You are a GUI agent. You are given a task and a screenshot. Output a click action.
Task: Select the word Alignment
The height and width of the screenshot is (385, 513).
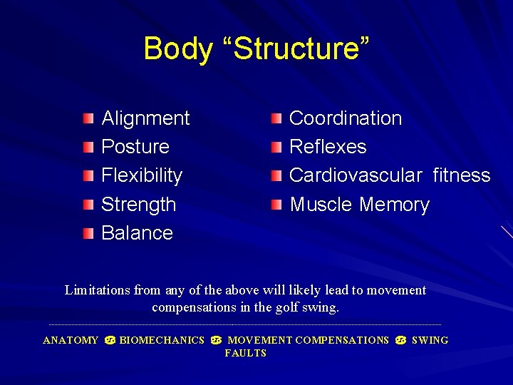click(x=145, y=118)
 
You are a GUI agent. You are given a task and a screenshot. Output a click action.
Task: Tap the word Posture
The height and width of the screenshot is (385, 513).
click(x=135, y=147)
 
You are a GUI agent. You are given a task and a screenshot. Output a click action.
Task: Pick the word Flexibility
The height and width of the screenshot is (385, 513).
click(x=142, y=175)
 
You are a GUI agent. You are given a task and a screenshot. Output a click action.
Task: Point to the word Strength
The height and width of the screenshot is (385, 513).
click(x=138, y=205)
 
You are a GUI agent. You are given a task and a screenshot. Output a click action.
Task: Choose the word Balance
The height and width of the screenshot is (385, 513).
click(x=137, y=233)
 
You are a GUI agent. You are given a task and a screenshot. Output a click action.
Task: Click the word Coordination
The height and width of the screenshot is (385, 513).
click(x=346, y=118)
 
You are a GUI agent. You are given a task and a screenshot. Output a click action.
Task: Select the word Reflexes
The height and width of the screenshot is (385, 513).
click(x=328, y=147)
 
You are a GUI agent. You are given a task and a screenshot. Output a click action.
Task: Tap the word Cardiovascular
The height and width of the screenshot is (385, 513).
click(x=356, y=175)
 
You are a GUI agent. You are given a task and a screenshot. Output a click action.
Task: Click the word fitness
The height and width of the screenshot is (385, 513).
click(x=462, y=175)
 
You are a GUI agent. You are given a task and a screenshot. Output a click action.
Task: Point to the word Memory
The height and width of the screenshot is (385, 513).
click(x=394, y=205)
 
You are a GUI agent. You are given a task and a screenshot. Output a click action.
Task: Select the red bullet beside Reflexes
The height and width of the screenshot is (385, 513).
click(x=276, y=147)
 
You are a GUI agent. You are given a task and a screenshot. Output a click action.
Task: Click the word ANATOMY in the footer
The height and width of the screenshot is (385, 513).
click(x=71, y=341)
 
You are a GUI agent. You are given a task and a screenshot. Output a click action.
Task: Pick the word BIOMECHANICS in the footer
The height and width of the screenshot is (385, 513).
click(x=162, y=341)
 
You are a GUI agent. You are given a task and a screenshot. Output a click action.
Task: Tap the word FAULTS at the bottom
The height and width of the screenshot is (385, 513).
click(x=245, y=354)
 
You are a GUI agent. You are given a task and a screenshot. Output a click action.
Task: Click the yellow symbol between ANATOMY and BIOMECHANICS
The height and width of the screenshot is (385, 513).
click(x=110, y=341)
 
